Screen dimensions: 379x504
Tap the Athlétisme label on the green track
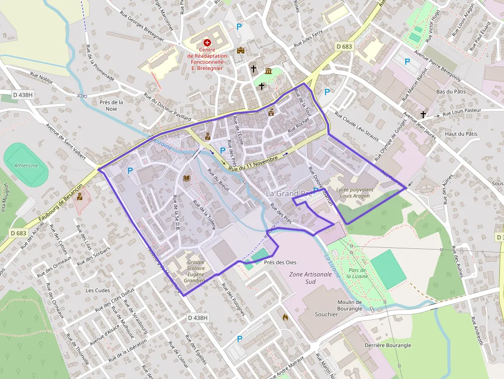pos(26,166)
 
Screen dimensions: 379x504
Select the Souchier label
pos(326,314)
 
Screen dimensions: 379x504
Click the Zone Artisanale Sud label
pos(310,278)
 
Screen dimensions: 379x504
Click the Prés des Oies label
pos(280,262)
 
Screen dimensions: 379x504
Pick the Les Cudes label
pos(98,290)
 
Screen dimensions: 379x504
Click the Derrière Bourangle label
pos(388,345)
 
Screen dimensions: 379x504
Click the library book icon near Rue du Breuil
pos(187,178)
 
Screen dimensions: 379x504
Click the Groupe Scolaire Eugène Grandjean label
pos(196,268)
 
